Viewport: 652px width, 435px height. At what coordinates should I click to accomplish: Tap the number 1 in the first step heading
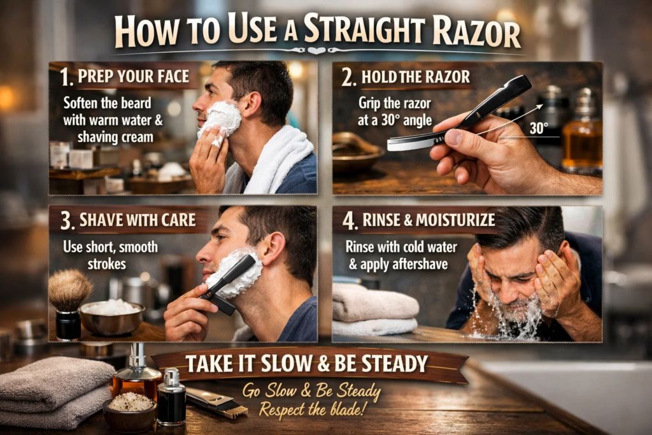coord(65,78)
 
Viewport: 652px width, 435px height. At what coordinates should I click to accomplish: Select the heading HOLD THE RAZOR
coord(415,78)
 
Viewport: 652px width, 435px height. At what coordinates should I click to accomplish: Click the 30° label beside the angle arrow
coord(538,128)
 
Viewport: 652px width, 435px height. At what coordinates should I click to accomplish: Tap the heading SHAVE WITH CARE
coord(138,221)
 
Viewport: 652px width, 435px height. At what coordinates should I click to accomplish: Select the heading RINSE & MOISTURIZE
coord(428,220)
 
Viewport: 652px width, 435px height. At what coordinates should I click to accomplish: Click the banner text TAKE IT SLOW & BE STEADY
coord(306,364)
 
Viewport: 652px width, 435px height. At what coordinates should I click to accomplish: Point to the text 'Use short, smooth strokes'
coord(110,255)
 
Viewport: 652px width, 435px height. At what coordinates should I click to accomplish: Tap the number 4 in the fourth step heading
coord(349,220)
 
